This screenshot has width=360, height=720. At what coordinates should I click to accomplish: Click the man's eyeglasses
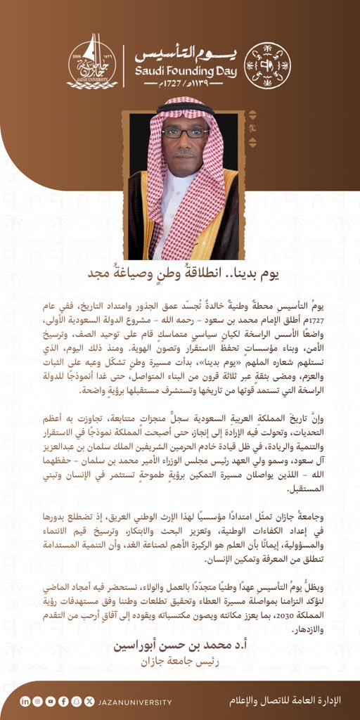(184, 132)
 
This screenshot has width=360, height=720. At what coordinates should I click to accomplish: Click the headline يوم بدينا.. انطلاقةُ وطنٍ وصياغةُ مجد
(180, 273)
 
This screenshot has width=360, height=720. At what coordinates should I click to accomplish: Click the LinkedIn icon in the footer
(25, 701)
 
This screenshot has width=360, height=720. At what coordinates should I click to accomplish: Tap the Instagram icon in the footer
(38, 701)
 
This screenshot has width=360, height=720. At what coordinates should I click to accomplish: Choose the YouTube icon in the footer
(51, 701)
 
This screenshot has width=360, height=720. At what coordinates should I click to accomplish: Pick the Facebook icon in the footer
(63, 701)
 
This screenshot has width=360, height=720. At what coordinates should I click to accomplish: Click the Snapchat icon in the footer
(76, 701)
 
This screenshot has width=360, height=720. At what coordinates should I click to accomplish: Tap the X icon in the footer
(89, 701)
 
